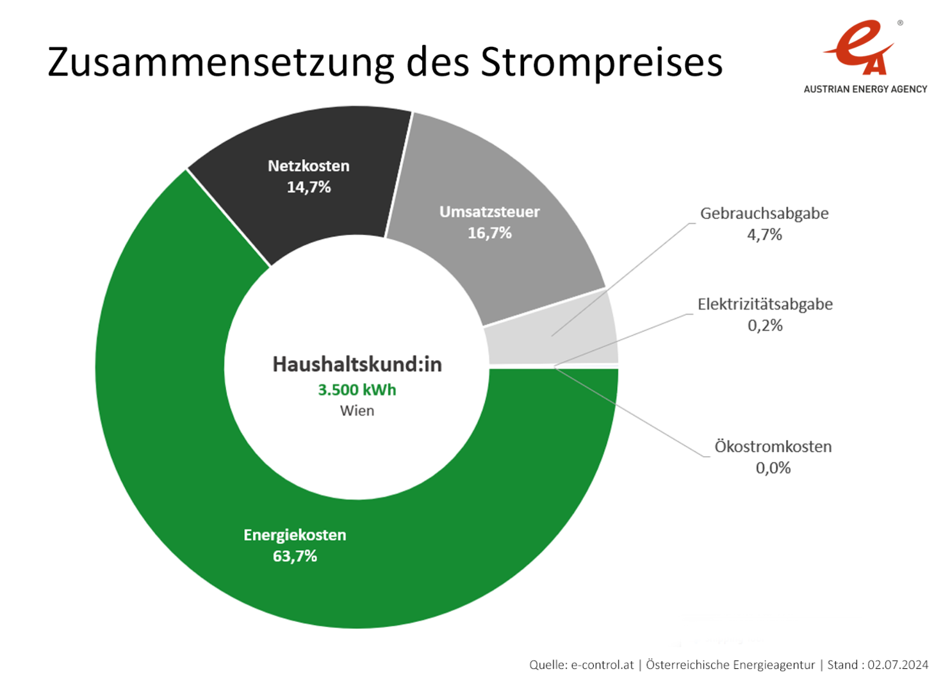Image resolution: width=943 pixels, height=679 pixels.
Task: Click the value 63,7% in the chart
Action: (x=295, y=556)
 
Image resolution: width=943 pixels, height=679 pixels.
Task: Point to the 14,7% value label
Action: (x=309, y=187)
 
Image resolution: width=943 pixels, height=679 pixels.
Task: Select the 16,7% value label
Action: (x=489, y=233)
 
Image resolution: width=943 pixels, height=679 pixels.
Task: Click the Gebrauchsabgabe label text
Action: (x=764, y=213)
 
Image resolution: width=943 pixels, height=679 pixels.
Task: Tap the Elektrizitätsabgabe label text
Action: (x=765, y=304)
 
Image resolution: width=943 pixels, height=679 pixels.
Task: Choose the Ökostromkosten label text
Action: (x=773, y=446)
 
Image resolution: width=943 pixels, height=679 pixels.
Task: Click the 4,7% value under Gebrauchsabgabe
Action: (x=764, y=234)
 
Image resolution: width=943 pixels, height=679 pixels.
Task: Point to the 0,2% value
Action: (x=765, y=325)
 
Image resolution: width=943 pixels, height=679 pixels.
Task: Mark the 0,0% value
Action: (x=773, y=468)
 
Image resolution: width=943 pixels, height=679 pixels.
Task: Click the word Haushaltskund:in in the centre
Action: (x=357, y=364)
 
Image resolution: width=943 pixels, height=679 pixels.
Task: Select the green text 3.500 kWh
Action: (x=357, y=389)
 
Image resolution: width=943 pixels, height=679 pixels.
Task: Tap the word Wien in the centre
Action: (x=357, y=411)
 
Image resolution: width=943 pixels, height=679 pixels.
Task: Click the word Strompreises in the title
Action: (x=602, y=63)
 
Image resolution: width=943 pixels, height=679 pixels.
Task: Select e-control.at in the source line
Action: (x=602, y=665)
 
